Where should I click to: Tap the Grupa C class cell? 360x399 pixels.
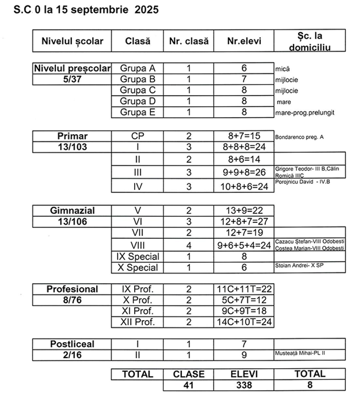pos(137,90)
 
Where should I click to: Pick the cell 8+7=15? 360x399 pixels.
pos(244,137)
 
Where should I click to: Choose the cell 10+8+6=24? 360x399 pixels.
pos(244,186)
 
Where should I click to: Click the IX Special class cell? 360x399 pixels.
pos(137,256)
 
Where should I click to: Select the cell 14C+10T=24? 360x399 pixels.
pos(244,322)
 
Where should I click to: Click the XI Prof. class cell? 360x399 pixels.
pos(137,311)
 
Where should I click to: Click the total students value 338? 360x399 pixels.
pos(244,385)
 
